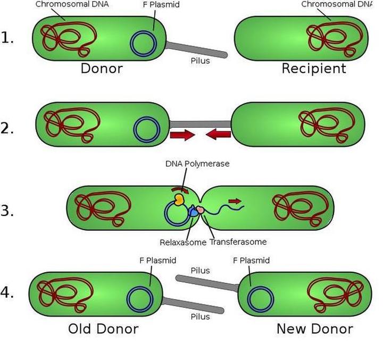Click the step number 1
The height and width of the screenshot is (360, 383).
[7, 38]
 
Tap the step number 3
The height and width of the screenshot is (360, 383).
[7, 211]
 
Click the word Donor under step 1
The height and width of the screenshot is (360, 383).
[101, 69]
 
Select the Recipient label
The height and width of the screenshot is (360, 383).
[313, 69]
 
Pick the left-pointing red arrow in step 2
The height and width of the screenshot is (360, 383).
[218, 135]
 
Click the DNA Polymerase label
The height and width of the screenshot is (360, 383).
[197, 164]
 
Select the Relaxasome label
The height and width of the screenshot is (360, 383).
[182, 242]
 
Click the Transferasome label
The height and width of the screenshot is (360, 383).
[238, 242]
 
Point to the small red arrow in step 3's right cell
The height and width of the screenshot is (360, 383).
[234, 201]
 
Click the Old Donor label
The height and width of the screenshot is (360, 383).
[103, 329]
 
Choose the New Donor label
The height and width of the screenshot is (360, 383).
[314, 329]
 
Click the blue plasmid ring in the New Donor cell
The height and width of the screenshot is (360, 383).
[261, 300]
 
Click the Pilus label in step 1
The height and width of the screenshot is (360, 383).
[200, 61]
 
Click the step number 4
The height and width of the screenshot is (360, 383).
[7, 292]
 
